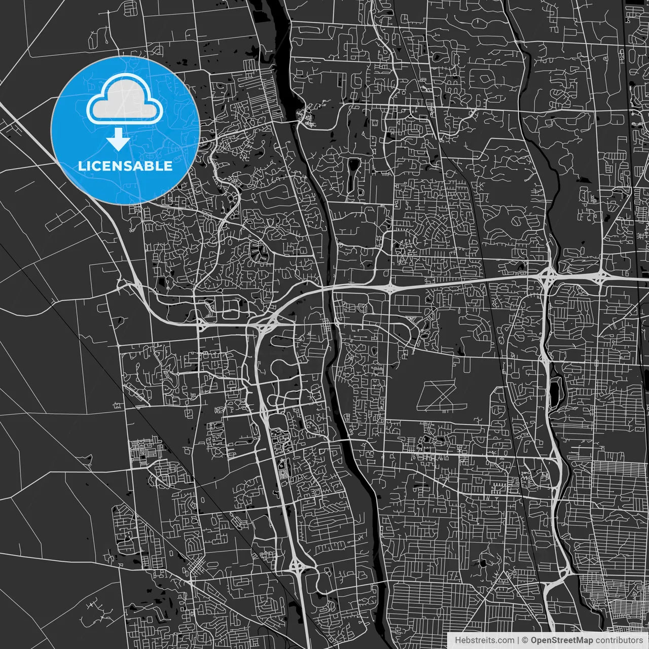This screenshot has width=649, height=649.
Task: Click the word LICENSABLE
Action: pyautogui.click(x=125, y=166)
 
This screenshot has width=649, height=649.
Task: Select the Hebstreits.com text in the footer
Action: pyautogui.click(x=484, y=640)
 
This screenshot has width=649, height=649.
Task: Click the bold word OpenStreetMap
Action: pyautogui.click(x=561, y=640)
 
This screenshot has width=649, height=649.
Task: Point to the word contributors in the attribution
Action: pyautogui.click(x=619, y=640)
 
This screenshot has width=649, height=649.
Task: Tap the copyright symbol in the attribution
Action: pyautogui.click(x=525, y=640)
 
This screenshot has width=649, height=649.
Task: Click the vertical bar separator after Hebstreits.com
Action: pyautogui.click(x=518, y=640)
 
